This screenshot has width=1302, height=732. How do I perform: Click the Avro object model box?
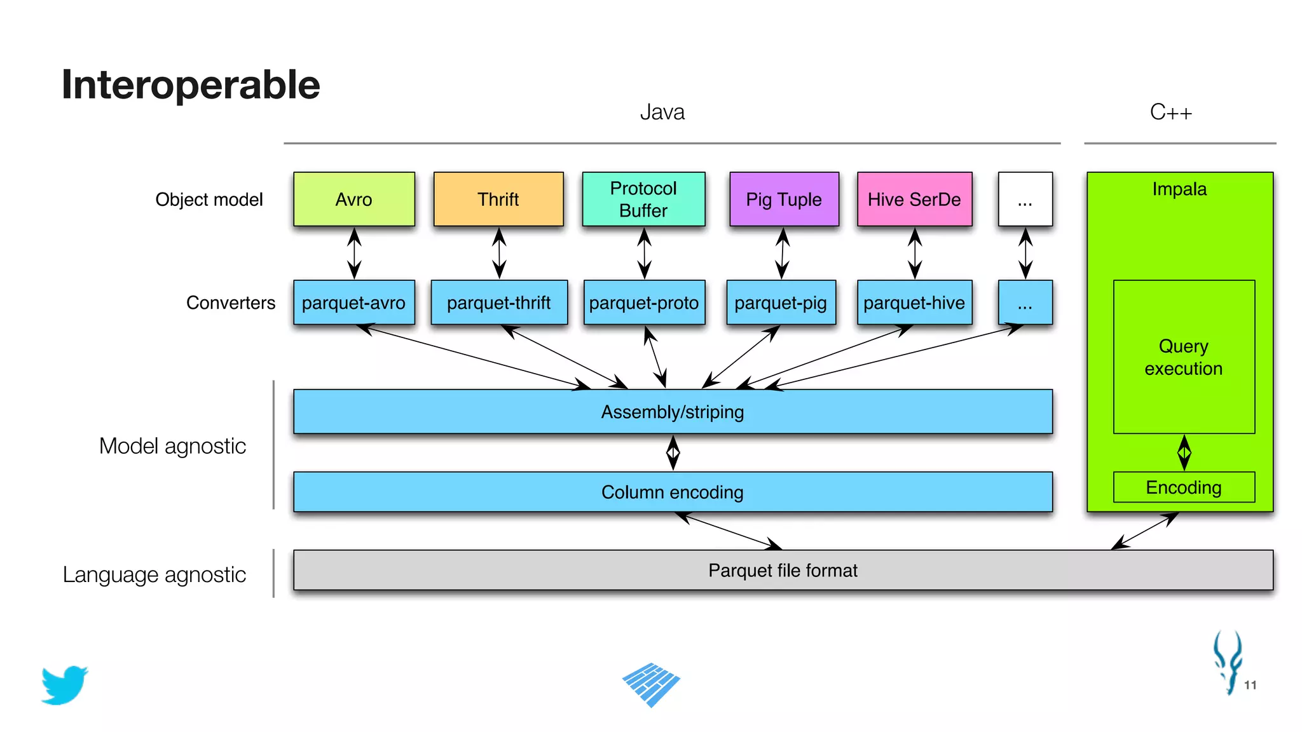pos(354,200)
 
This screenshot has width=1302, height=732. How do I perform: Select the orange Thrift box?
pos(498,200)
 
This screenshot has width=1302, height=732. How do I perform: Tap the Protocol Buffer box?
pos(643,200)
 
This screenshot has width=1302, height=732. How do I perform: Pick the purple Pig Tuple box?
pos(784,200)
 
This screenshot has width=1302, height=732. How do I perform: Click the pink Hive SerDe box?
pos(914,200)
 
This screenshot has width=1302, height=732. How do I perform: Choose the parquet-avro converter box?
pos(354,302)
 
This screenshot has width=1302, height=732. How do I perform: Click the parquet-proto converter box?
pos(644,302)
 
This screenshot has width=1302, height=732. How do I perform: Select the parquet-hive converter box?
pos(914,302)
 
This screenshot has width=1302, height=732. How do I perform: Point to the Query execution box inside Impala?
pos(1184,357)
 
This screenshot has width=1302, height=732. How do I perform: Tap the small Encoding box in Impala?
pos(1184,487)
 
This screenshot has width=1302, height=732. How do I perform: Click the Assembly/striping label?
pos(673,412)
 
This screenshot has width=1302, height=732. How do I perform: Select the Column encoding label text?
pos(673,492)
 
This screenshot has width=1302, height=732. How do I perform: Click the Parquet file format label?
pos(783,571)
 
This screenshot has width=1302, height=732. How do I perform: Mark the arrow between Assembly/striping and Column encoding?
pos(673,452)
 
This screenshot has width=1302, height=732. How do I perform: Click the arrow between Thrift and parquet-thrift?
pos(500,253)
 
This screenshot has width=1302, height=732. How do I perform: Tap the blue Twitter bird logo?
pos(64,685)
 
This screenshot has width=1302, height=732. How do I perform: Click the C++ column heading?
pos(1170,112)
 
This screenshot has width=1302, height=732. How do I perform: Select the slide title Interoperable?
pos(191,85)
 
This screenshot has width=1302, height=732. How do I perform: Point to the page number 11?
pos(1250,685)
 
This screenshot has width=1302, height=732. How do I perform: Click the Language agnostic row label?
pos(154,574)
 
